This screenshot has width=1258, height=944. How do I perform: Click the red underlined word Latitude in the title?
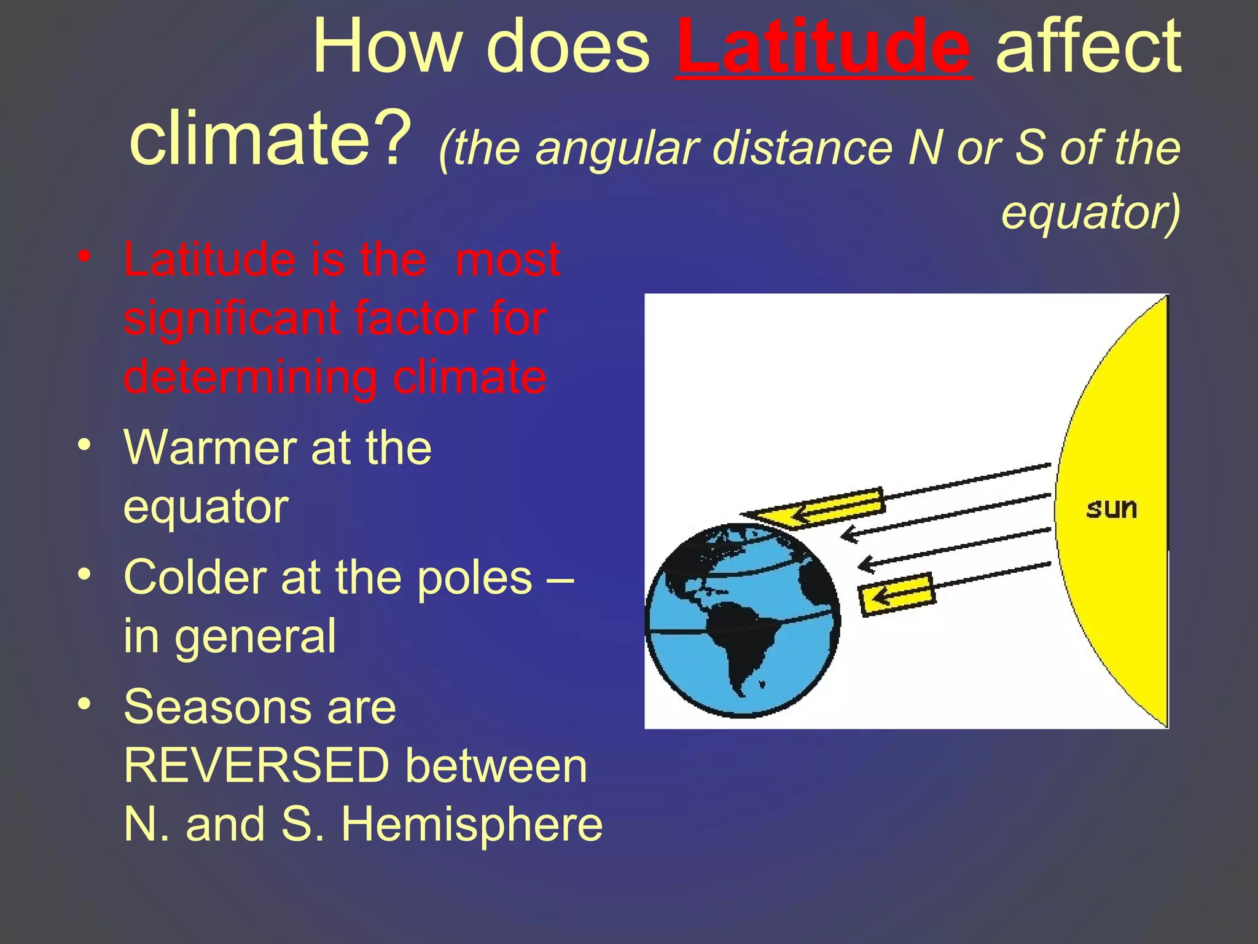click(x=823, y=48)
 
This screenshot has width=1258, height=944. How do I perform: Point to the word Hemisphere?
click(x=472, y=825)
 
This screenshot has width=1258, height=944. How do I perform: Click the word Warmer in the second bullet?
click(x=209, y=447)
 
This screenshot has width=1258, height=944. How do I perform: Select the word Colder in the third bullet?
click(x=195, y=578)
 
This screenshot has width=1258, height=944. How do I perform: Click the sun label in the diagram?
click(x=1111, y=509)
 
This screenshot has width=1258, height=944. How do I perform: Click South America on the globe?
click(x=743, y=639)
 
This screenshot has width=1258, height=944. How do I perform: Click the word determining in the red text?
click(x=249, y=377)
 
